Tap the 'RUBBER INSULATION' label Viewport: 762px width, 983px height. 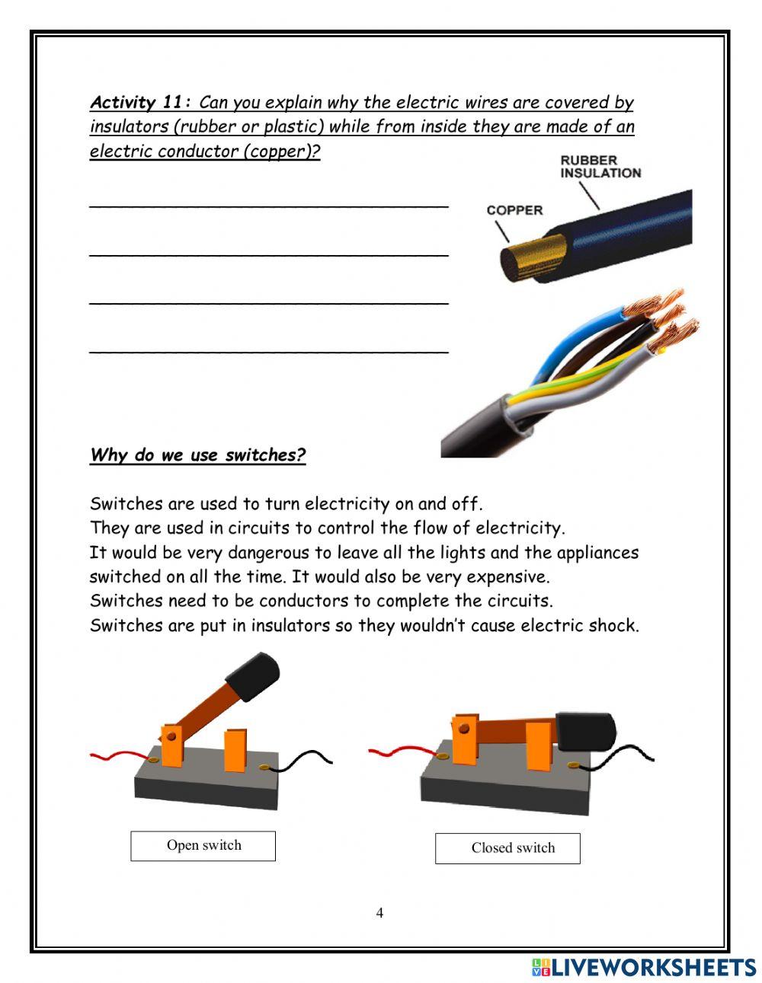click(x=600, y=167)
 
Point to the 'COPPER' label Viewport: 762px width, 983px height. click(x=514, y=210)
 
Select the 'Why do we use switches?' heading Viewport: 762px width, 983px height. click(x=197, y=455)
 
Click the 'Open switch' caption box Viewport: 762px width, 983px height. click(x=203, y=846)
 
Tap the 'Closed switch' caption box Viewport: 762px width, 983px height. click(x=507, y=848)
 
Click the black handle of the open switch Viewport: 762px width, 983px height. click(x=253, y=676)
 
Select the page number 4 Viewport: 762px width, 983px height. click(x=379, y=913)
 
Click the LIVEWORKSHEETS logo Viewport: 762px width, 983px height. click(x=644, y=967)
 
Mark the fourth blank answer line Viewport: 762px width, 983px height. click(x=268, y=352)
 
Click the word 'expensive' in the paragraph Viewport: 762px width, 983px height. click(x=506, y=576)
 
